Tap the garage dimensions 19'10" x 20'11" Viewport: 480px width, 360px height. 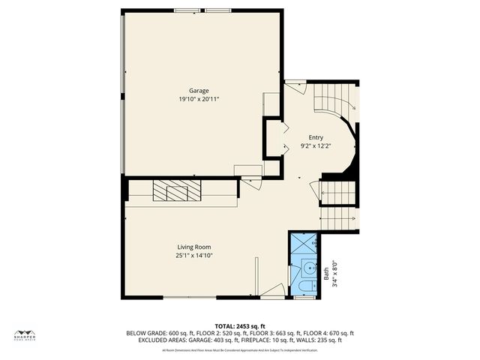tap(199, 99)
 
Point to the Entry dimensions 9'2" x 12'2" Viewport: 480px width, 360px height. tap(314, 145)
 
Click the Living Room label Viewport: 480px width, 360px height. tap(193, 247)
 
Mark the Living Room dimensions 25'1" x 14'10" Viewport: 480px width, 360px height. tap(193, 255)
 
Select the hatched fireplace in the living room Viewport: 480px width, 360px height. tap(177, 191)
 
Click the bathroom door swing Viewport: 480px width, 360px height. tap(274, 290)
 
